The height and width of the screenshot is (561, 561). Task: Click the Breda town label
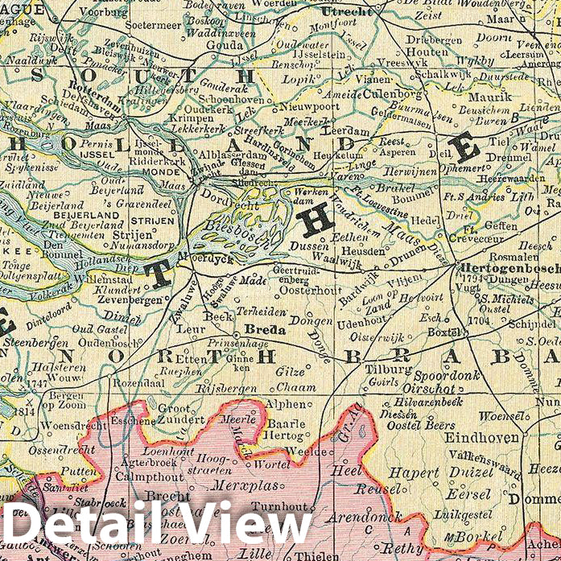pos(261,330)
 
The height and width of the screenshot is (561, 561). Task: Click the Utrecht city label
pos(346,12)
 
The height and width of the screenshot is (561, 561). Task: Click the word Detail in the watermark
pos(85,527)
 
